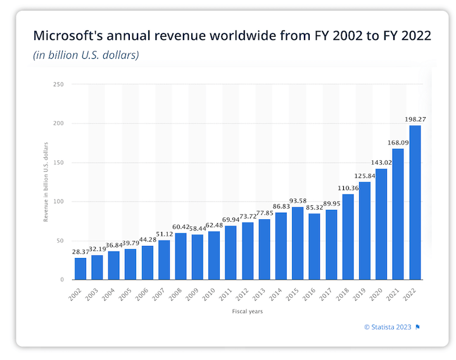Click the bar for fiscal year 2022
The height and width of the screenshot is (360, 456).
coord(415,203)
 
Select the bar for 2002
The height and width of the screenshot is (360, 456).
coord(80,269)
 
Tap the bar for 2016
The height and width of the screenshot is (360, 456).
coord(315,247)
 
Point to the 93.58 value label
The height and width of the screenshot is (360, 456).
coord(298,201)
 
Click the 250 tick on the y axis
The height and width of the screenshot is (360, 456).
coord(59,84)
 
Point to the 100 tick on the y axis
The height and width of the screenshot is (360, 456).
coord(59,202)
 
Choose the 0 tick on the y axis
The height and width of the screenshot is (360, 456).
coord(62,280)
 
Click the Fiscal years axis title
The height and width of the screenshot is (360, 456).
coord(248,311)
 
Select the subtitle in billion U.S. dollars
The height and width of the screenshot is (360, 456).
coord(85,55)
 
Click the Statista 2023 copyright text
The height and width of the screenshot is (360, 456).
coord(388,327)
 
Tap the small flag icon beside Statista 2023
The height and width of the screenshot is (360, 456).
coord(418,327)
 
